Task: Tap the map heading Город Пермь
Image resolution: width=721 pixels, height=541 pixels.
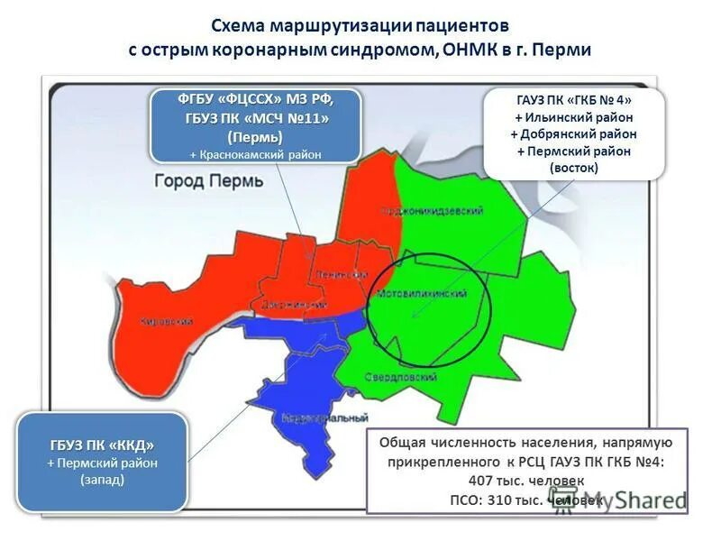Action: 209,180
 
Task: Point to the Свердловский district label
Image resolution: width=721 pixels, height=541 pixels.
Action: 402,376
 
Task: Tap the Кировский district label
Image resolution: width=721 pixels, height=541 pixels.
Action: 168,321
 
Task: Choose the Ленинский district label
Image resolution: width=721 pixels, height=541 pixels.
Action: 341,273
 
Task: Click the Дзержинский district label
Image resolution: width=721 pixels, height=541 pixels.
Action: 293,306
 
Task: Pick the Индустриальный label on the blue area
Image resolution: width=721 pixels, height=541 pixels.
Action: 324,418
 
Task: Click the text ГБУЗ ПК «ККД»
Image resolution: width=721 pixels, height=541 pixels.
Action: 102,445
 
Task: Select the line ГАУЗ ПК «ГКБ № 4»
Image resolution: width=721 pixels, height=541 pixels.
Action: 574,100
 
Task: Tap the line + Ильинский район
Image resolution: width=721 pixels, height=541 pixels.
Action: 574,117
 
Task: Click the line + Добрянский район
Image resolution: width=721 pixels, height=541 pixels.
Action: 574,134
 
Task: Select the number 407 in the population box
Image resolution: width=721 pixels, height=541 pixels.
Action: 480,481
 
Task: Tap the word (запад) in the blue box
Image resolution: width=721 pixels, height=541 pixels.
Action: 102,480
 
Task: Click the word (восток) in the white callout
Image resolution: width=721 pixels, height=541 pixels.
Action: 574,168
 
